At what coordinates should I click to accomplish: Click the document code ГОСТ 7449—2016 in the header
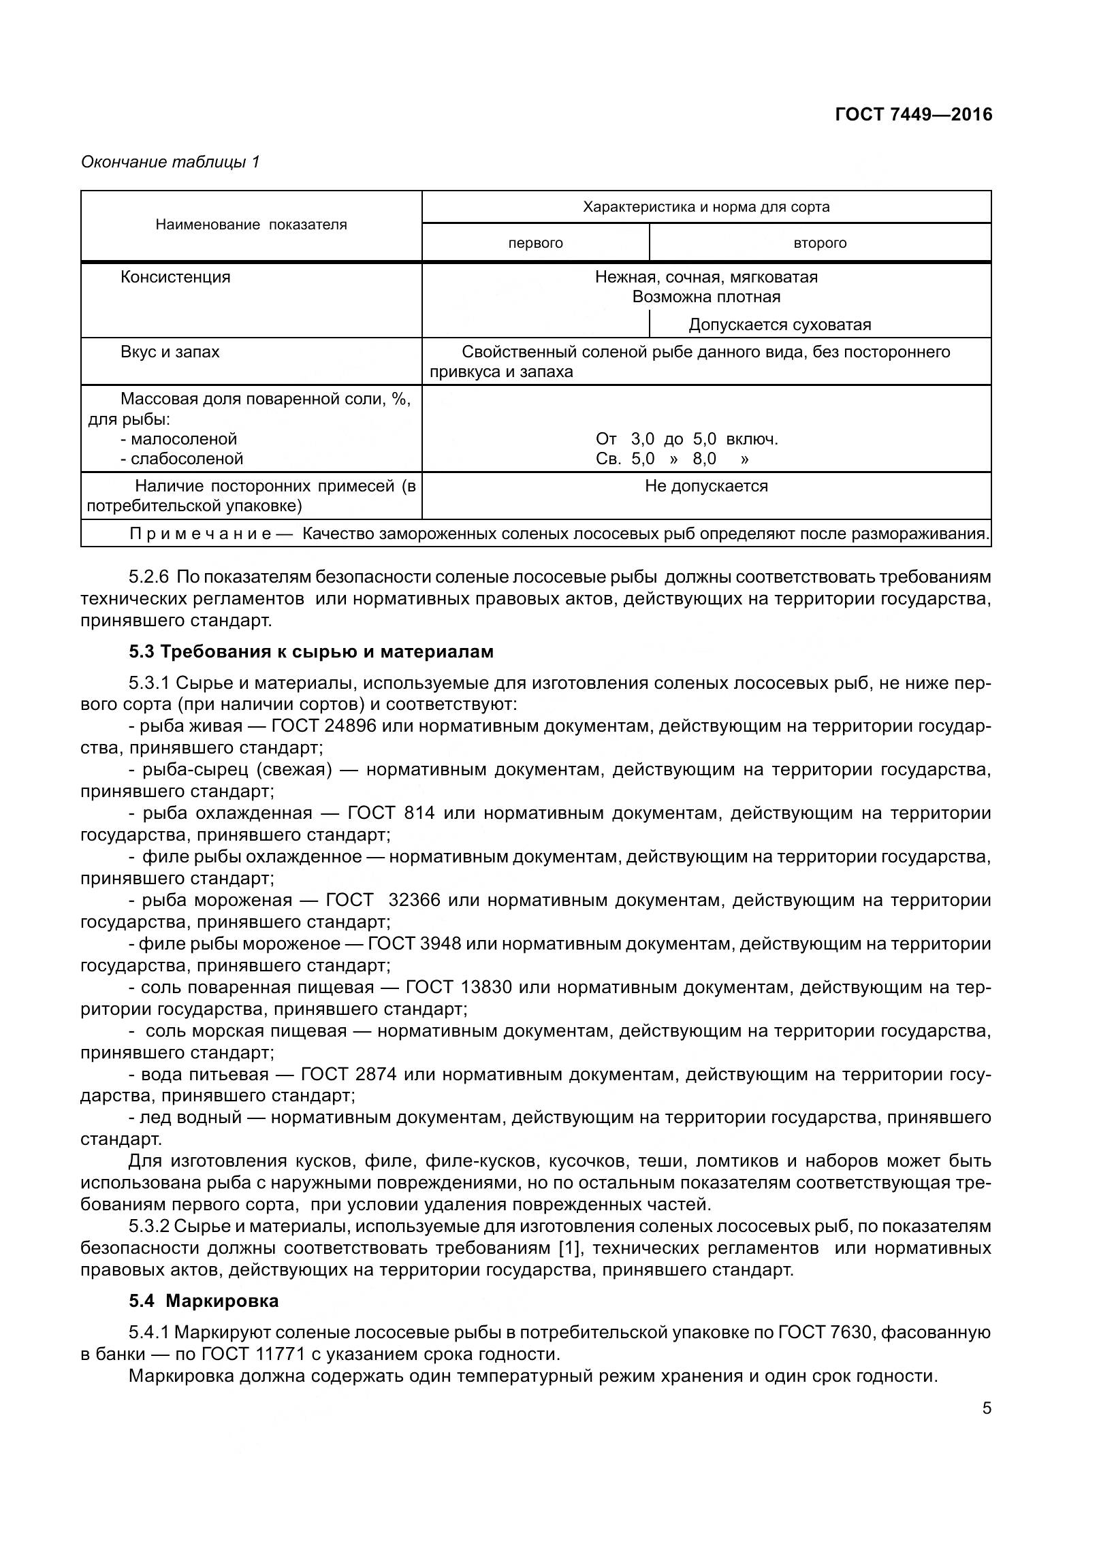coord(913,114)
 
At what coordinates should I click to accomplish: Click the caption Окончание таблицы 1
coord(170,162)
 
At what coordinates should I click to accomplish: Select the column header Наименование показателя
coord(251,225)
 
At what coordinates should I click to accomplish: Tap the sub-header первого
coord(535,244)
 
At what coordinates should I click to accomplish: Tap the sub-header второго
coord(820,244)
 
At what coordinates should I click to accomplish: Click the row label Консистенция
coord(175,278)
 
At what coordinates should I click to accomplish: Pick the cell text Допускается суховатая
coord(780,325)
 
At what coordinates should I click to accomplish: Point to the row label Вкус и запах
coord(170,353)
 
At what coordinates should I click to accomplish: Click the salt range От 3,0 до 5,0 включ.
coord(686,439)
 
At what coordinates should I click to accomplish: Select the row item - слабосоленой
coord(182,459)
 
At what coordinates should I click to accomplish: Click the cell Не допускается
coord(706,487)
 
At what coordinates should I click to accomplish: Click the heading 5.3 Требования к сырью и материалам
coord(311,651)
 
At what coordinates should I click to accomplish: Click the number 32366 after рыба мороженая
coord(414,901)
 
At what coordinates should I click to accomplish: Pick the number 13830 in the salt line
coord(486,988)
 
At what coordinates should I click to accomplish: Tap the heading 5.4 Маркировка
coord(204,1301)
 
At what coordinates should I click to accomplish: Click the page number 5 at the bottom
coord(987,1408)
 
